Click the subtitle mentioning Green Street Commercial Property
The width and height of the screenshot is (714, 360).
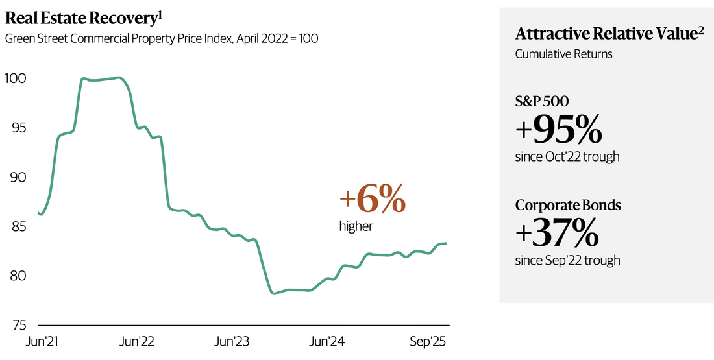point(161,38)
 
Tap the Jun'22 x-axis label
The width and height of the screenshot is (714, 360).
point(138,341)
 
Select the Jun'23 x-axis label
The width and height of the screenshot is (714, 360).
point(233,341)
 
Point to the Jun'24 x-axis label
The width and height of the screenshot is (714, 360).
point(328,341)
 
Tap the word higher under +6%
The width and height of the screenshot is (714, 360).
point(356,226)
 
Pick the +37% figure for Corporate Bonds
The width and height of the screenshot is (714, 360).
point(556,234)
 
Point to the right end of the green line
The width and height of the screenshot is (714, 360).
point(446,243)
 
